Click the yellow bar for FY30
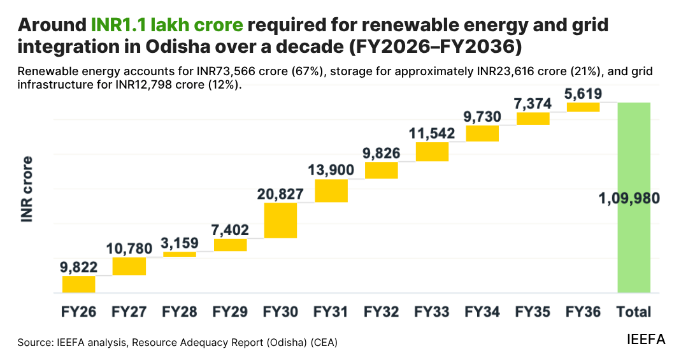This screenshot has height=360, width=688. (x=280, y=220)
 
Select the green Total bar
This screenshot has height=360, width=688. (x=634, y=198)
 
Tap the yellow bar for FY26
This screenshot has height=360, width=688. (x=78, y=284)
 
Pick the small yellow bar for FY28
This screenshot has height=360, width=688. (x=180, y=254)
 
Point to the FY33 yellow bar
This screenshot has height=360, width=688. (x=432, y=152)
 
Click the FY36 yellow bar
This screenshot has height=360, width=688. (x=583, y=107)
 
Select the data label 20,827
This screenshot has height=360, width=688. (x=280, y=194)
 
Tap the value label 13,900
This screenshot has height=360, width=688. (x=331, y=170)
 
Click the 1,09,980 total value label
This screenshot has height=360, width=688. (x=629, y=198)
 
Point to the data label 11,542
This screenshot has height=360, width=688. (x=432, y=133)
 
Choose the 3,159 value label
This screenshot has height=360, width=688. (x=180, y=243)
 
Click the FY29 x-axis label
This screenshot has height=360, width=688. (x=230, y=312)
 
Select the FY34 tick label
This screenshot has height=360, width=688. (x=482, y=312)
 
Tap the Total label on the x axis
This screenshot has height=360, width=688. (x=634, y=312)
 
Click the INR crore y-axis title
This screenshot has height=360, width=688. (x=27, y=189)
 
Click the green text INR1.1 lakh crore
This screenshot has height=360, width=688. (x=167, y=25)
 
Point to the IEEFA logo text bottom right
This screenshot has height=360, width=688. (x=646, y=339)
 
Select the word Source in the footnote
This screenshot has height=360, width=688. (x=34, y=342)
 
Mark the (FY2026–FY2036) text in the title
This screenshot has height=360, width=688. (x=435, y=47)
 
